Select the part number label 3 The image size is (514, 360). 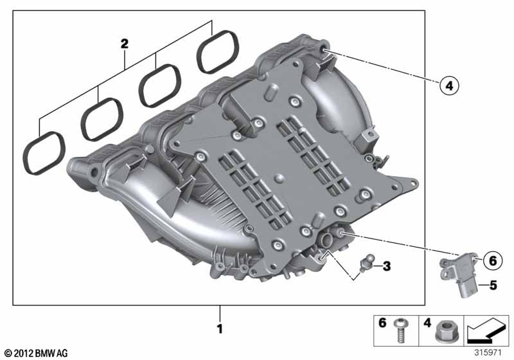(x=385, y=265)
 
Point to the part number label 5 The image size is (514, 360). (x=493, y=283)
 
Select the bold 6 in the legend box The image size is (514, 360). (x=383, y=324)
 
